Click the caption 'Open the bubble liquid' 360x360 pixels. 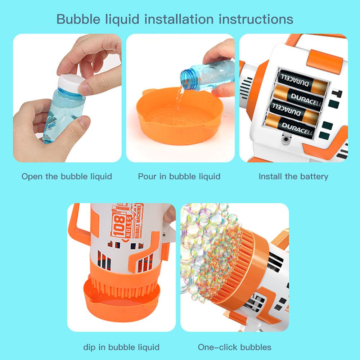click(67, 176)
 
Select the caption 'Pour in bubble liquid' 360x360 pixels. click(179, 176)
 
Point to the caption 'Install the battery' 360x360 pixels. click(293, 176)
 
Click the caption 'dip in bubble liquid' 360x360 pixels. click(121, 347)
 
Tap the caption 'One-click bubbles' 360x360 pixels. click(235, 347)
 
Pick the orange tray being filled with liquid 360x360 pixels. click(179, 116)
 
